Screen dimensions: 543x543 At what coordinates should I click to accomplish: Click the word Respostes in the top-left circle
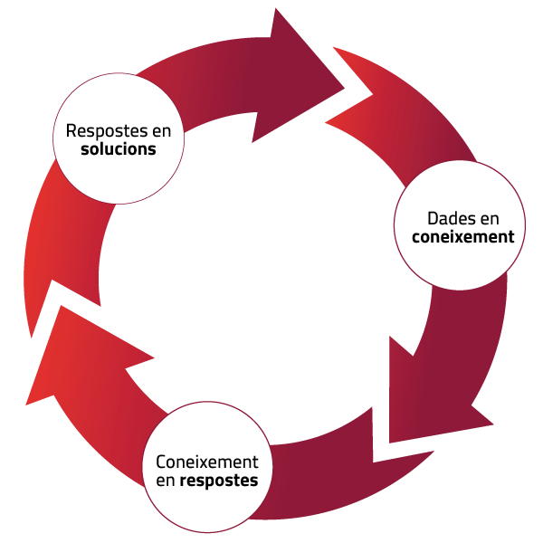99,130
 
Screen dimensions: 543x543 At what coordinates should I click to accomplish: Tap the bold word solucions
118,149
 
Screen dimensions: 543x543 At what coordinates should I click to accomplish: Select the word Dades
449,219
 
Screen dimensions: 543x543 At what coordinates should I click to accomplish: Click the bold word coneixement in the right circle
462,238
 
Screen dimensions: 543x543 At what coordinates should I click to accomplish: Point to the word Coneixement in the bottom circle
207,462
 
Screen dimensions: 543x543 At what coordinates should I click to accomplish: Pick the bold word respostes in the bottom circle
218,481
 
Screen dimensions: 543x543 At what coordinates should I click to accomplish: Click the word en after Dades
488,219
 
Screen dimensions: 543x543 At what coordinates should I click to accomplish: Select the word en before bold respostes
165,481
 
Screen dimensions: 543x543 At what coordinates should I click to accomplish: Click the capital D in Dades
432,219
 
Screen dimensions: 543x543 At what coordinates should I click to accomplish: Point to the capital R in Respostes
71,130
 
